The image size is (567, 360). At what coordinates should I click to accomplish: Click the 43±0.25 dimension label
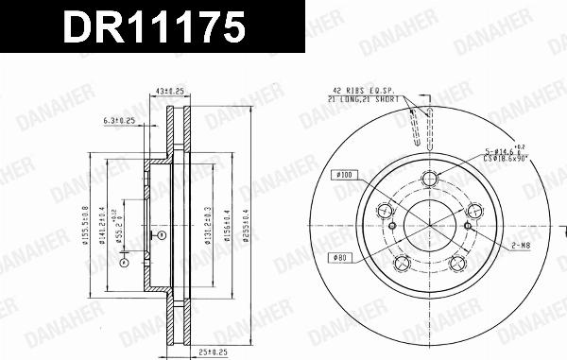169,91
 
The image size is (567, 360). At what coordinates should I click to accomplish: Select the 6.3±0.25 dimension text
120,121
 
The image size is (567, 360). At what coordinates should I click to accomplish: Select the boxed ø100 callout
342,174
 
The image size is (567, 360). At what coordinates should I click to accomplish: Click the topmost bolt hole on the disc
430,179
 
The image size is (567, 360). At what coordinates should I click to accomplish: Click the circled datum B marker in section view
162,230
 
